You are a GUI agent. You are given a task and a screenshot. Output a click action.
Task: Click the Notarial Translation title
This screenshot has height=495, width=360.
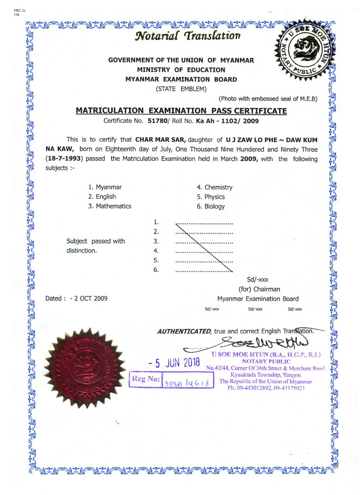[x=188, y=36]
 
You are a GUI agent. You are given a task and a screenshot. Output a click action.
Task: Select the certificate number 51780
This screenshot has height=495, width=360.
[x=157, y=121]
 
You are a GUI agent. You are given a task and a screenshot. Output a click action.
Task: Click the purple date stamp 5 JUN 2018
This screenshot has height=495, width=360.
[x=175, y=363]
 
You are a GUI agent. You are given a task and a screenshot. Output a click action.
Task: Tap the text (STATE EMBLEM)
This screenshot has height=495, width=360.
[x=181, y=89]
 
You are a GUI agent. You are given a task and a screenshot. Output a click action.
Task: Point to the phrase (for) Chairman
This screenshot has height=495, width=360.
[x=259, y=289]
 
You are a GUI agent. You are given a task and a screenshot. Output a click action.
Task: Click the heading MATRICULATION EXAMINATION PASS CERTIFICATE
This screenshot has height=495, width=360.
[x=181, y=111]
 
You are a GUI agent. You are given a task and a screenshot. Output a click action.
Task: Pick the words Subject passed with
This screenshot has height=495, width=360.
[x=96, y=241]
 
